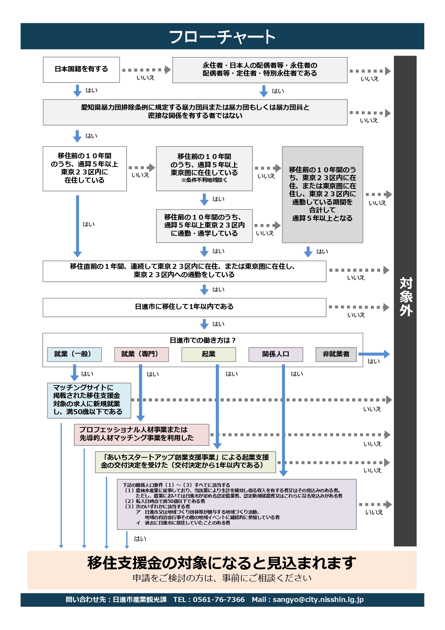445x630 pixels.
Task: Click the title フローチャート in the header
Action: tap(222, 37)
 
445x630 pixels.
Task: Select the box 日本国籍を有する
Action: tap(81, 69)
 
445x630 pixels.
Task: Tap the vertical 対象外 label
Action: tap(406, 297)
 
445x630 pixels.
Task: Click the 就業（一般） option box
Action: tap(74, 354)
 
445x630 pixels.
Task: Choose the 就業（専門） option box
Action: tap(141, 354)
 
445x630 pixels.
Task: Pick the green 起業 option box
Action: tap(208, 354)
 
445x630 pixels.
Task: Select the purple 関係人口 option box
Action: tap(275, 354)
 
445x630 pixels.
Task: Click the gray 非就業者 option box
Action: tap(336, 354)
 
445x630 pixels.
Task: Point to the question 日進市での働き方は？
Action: tap(203, 340)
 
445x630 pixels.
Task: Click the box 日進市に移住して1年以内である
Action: tap(184, 307)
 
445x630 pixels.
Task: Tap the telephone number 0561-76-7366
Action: tap(219, 599)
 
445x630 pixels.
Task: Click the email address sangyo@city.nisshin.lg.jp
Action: tap(318, 599)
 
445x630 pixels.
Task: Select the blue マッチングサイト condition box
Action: tap(89, 400)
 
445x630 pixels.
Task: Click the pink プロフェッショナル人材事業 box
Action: tap(141, 434)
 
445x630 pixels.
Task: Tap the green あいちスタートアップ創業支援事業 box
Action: tap(185, 462)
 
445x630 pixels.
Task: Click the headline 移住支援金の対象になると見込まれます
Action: tap(222, 563)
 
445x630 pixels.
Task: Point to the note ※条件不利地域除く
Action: tap(204, 180)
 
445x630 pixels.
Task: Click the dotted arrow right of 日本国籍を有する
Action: tap(146, 70)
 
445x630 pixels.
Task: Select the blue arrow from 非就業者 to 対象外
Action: tap(374, 354)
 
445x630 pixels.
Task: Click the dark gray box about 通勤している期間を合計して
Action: tap(322, 194)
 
